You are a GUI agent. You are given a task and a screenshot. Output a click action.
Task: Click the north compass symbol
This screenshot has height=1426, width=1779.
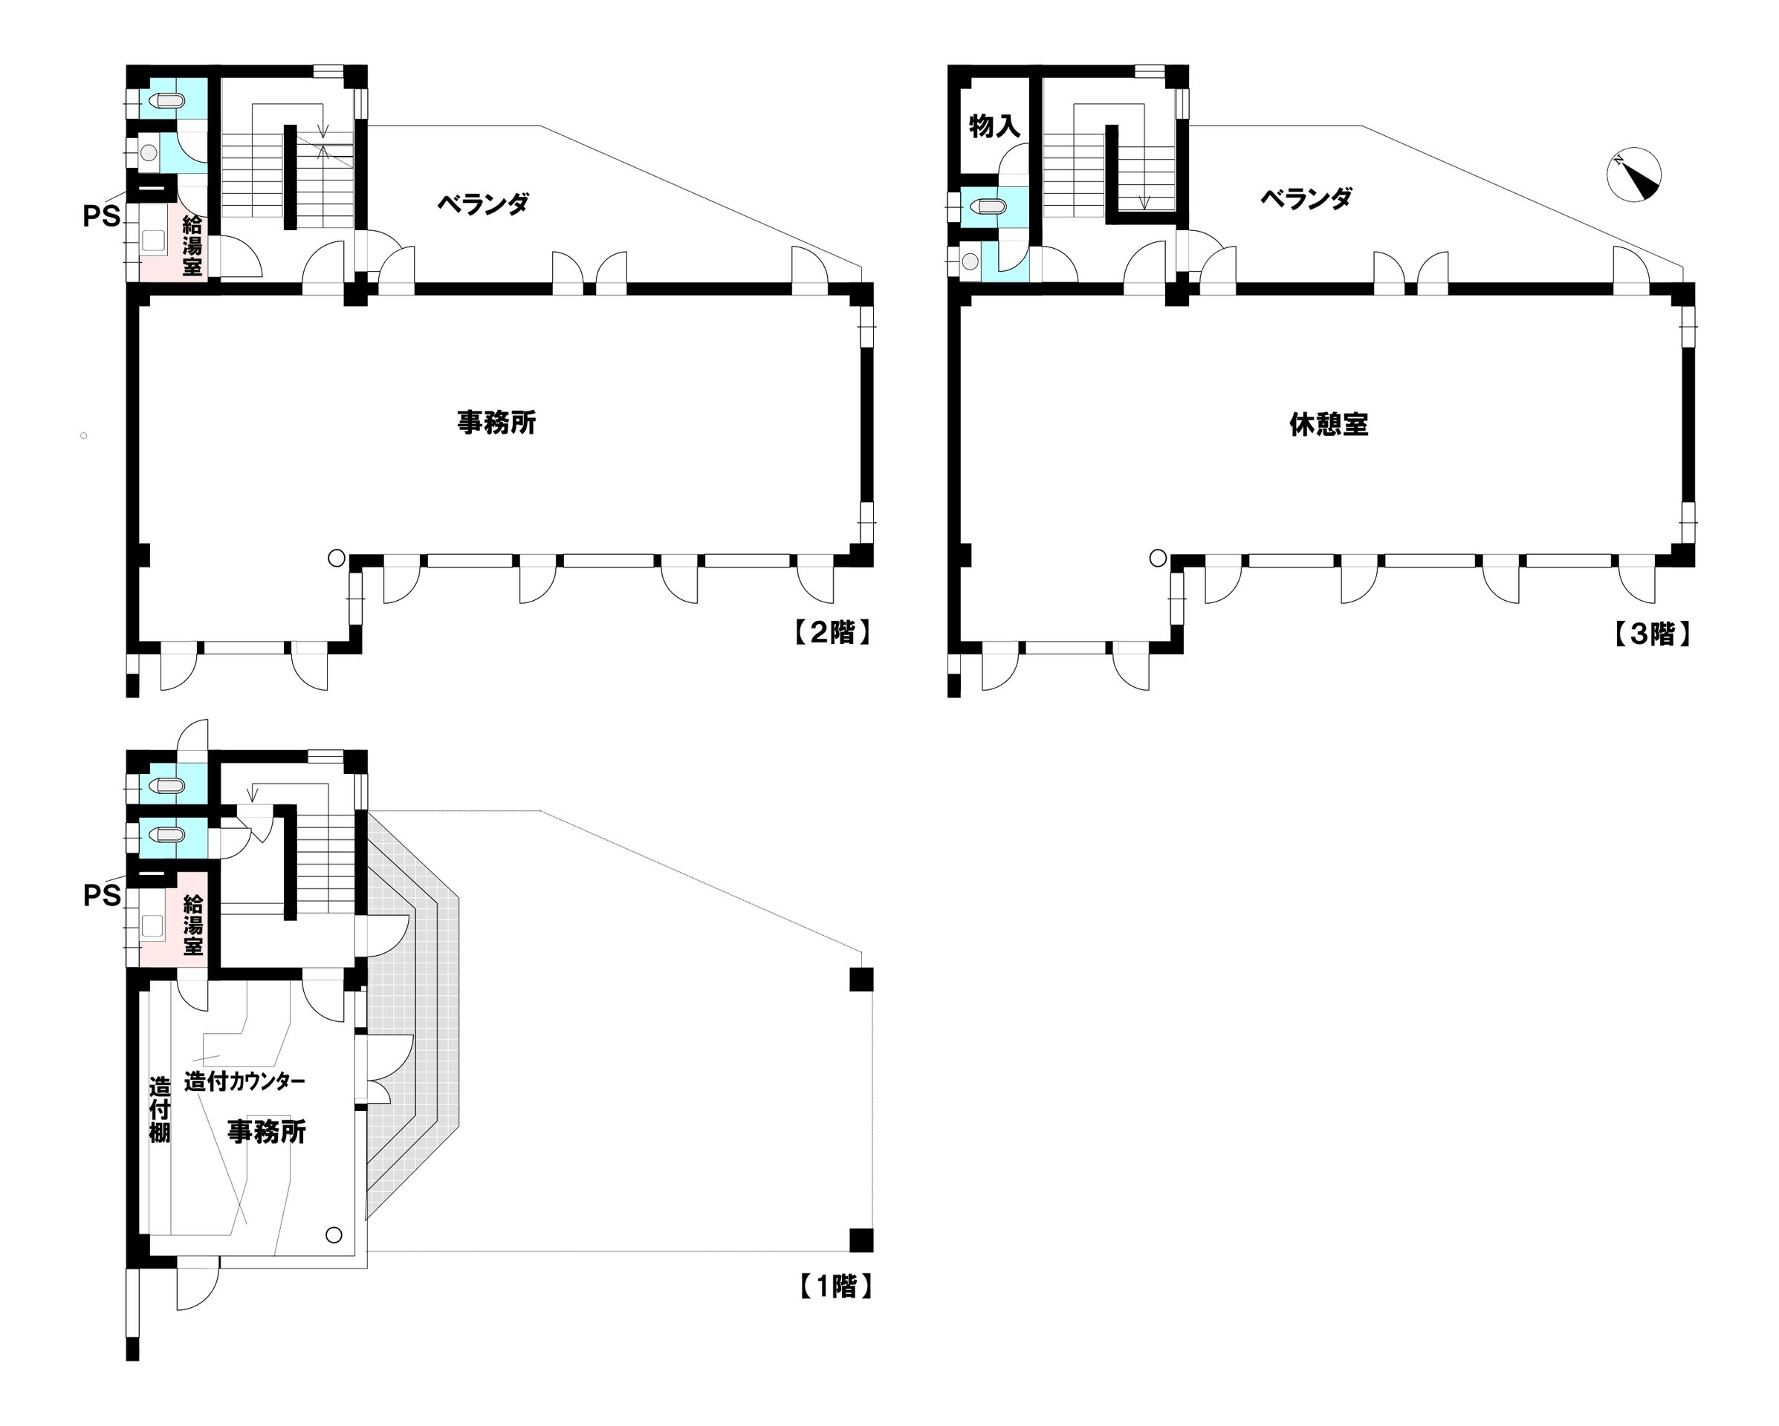(1634, 174)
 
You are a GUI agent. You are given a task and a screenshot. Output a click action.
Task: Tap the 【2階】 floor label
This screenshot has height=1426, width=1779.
(832, 633)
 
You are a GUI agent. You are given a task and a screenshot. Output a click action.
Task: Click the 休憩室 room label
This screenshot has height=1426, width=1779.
(1329, 424)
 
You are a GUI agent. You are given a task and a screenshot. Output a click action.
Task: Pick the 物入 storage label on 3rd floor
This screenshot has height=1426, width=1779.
(994, 126)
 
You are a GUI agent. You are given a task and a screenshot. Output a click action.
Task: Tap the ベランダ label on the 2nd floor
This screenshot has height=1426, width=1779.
(483, 203)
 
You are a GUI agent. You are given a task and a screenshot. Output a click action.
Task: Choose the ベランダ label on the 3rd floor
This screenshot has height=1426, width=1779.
(1306, 198)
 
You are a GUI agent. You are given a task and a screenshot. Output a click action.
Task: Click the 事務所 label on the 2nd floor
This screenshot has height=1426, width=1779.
(496, 423)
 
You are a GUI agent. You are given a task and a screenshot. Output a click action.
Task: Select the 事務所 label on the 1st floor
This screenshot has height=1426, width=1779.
(267, 1132)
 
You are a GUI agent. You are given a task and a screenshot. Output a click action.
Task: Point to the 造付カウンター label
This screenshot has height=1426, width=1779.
(244, 1081)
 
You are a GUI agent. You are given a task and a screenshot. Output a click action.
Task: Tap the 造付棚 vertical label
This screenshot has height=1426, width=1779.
(159, 1110)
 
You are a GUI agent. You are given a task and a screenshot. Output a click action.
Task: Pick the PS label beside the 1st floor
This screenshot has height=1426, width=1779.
(102, 896)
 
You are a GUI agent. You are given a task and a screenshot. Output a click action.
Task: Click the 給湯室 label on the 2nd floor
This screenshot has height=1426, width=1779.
(192, 245)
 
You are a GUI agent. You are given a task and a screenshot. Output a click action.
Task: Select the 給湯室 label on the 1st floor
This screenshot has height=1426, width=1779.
(193, 925)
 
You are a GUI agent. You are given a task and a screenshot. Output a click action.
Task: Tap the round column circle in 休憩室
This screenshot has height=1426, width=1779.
(1158, 559)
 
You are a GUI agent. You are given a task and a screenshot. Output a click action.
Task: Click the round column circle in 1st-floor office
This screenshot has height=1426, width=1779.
(334, 1234)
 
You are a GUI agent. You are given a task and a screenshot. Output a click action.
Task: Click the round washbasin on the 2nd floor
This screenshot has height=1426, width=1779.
(149, 152)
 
